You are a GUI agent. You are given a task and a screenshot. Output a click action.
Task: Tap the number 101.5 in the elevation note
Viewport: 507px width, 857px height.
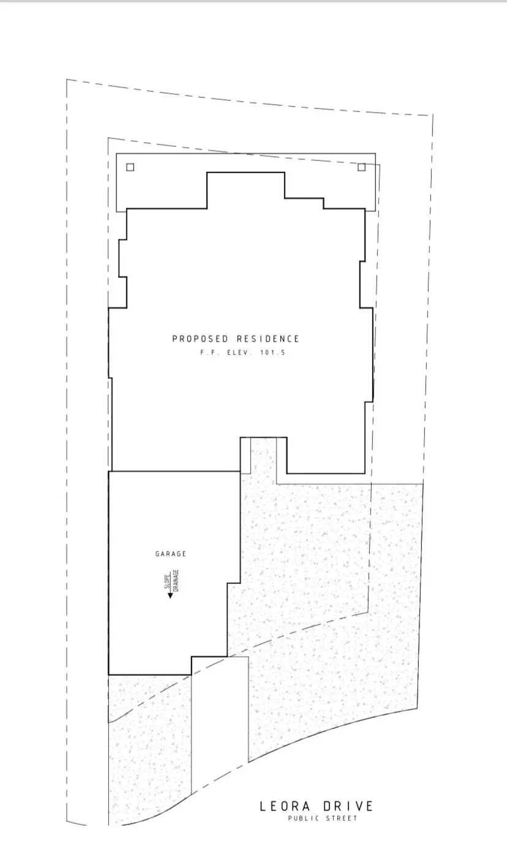pyautogui.click(x=273, y=354)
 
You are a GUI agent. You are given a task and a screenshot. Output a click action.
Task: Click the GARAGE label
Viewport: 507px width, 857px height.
pyautogui.click(x=170, y=554)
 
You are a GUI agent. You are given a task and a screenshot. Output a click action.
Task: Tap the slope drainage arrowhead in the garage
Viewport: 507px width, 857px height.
pyautogui.click(x=170, y=594)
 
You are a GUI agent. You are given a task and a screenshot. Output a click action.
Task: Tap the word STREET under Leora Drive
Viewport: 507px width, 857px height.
pyautogui.click(x=340, y=818)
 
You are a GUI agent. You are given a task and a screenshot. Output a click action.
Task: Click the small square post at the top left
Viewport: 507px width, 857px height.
pyautogui.click(x=130, y=167)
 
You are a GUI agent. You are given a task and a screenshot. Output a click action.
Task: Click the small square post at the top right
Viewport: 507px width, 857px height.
pyautogui.click(x=361, y=167)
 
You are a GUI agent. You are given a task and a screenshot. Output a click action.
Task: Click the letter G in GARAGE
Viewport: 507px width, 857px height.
pyautogui.click(x=157, y=554)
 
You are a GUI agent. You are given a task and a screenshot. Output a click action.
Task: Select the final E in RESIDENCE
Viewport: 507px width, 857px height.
pyautogui.click(x=297, y=339)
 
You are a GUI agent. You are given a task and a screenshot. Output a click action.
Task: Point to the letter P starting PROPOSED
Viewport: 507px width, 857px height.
pyautogui.click(x=175, y=339)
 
